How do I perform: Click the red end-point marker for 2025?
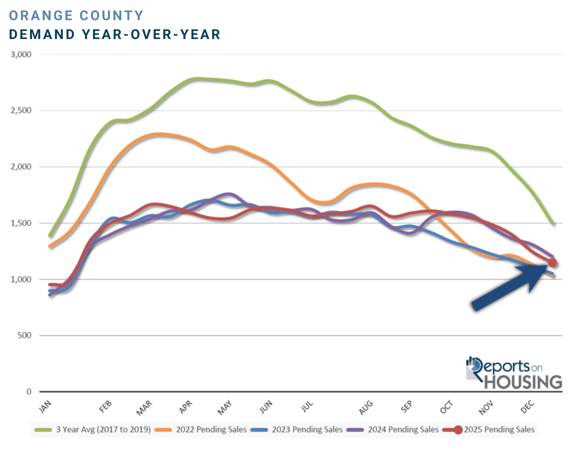(552, 263)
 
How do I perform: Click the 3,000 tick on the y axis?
(21, 54)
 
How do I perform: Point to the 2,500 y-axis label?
(21, 110)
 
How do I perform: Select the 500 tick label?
(24, 335)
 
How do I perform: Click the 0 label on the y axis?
(29, 392)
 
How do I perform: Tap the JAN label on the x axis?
(45, 407)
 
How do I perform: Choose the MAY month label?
(225, 407)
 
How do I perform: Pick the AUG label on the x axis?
(366, 408)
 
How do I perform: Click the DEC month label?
(527, 407)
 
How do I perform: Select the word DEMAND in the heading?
(42, 35)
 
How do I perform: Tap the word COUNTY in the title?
(112, 15)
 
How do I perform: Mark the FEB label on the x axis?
(105, 407)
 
